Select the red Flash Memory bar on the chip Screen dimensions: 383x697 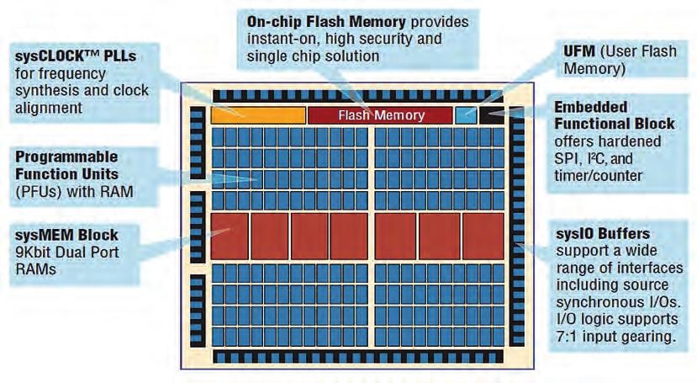click(379, 115)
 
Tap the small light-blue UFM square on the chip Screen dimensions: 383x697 click(465, 115)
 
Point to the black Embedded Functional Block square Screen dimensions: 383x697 click(490, 115)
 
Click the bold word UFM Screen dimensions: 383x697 click(578, 51)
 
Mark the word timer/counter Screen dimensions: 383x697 click(598, 175)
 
